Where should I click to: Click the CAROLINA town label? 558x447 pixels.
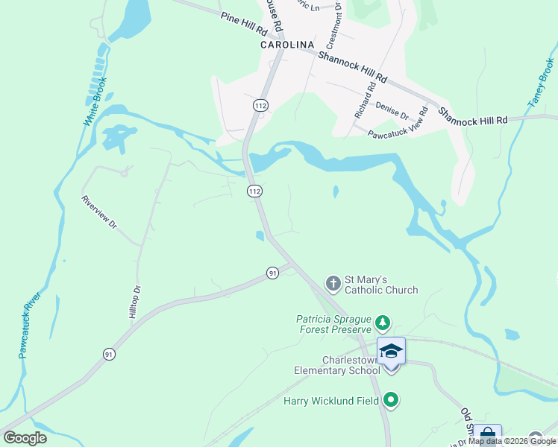[287, 45]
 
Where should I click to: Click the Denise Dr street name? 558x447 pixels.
[392, 111]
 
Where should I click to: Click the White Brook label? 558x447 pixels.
[95, 101]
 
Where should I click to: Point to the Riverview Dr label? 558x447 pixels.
[100, 212]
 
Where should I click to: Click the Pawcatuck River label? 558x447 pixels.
[31, 325]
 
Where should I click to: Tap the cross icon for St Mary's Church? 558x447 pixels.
[332, 283]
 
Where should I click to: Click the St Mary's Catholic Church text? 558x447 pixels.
[380, 285]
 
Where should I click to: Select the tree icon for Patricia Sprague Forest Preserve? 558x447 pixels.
[383, 323]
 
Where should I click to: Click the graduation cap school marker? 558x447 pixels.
[392, 351]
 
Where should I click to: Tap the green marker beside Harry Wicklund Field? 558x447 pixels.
[390, 401]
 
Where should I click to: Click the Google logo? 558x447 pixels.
[25, 438]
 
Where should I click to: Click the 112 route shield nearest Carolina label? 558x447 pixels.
[260, 107]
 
